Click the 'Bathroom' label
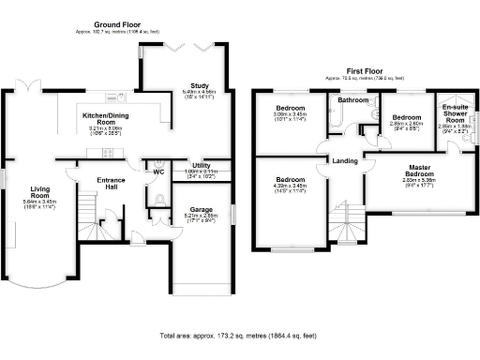pyautogui.click(x=352, y=99)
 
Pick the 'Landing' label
pyautogui.click(x=344, y=161)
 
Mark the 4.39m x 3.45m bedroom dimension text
pyautogui.click(x=290, y=186)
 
